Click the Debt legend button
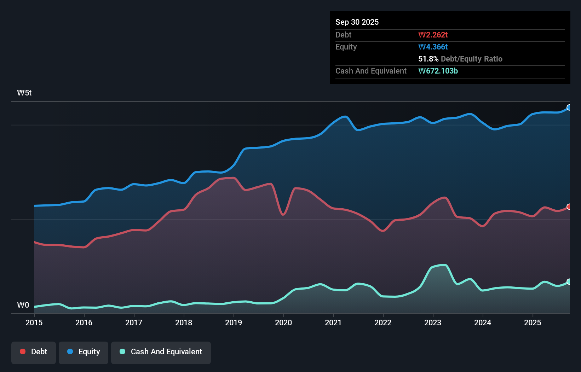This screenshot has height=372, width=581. (x=34, y=352)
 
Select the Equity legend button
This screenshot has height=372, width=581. (x=84, y=352)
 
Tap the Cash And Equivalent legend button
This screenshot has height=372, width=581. (x=161, y=352)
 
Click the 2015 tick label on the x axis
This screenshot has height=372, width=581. (x=34, y=322)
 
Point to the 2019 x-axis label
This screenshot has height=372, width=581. (x=234, y=322)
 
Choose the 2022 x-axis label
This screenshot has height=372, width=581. (x=383, y=322)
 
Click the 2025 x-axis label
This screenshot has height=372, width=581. (x=533, y=322)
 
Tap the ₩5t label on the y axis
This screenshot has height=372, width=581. (x=24, y=93)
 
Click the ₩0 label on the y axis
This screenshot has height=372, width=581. (x=23, y=305)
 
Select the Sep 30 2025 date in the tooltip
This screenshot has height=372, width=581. (x=357, y=22)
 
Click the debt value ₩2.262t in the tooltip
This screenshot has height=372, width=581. (x=433, y=35)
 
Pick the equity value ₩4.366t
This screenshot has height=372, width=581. (x=433, y=47)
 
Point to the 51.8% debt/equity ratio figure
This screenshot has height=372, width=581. (x=428, y=59)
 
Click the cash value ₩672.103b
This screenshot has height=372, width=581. (x=438, y=71)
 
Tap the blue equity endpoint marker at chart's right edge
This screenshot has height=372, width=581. (x=569, y=107)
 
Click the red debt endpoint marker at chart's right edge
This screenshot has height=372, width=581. (x=569, y=207)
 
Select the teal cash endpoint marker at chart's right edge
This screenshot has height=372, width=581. (x=569, y=281)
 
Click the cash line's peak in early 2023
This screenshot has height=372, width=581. (x=444, y=265)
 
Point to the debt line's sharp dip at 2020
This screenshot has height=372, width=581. (x=283, y=214)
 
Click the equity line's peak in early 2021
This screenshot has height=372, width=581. (x=345, y=116)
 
